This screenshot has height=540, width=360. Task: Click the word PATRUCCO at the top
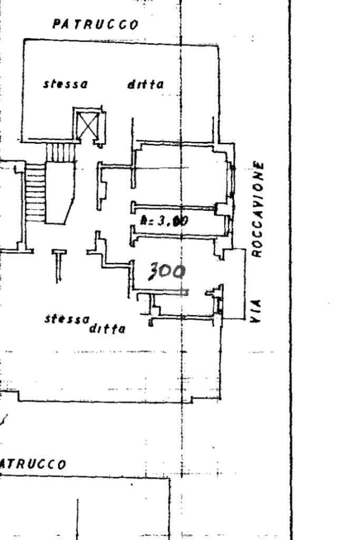[x=95, y=24]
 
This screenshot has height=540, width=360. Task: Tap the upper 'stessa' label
[x=66, y=84]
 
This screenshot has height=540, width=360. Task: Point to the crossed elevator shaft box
[x=87, y=124]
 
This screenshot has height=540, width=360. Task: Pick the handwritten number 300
[x=166, y=272]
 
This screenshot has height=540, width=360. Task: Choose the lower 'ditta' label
[x=108, y=329]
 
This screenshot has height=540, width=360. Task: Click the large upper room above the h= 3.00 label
[x=179, y=174]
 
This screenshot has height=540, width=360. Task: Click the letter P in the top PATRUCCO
[x=56, y=24]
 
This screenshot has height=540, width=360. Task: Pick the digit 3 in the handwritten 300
[x=153, y=272]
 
